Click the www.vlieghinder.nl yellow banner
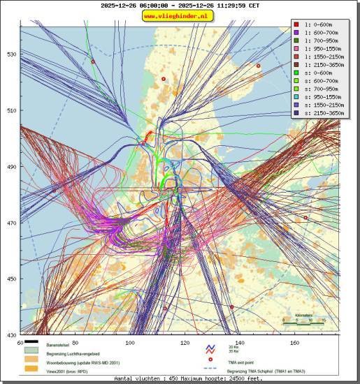click(179, 15)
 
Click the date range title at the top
click(179, 5)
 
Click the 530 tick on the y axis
click(11, 54)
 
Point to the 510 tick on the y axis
click(11, 110)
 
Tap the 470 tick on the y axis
click(11, 223)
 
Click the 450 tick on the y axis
click(11, 279)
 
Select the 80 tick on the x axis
click(75, 343)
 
